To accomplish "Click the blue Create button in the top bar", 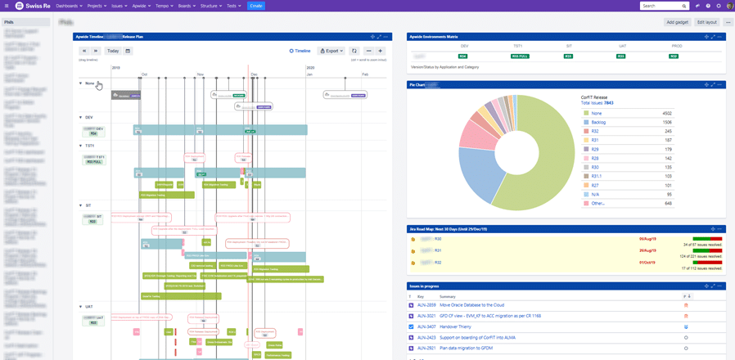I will pos(255,6).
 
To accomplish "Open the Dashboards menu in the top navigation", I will pos(68,6).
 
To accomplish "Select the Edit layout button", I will pos(706,22).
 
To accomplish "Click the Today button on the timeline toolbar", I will pos(113,51).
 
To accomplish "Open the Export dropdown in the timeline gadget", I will pos(331,51).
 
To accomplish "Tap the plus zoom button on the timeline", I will pos(380,51).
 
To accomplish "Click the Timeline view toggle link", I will pos(300,51).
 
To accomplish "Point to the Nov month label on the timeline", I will pos(200,74).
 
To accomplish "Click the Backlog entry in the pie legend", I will pos(598,122).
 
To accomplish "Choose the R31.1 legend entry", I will pos(597,176).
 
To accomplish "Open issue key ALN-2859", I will pos(426,304).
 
